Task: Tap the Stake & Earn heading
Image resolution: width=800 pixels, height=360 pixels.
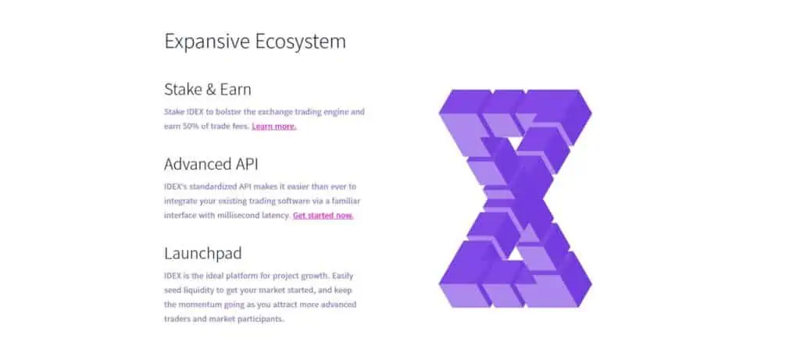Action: click(x=208, y=90)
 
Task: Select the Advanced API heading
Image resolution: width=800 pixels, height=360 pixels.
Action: click(x=211, y=164)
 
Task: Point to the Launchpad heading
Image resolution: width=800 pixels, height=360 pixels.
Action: click(x=203, y=254)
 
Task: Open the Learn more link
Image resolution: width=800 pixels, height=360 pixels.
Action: click(x=274, y=127)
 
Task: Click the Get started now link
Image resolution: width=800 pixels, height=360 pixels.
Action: click(x=323, y=216)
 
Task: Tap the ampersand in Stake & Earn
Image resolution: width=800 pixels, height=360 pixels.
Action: click(x=212, y=91)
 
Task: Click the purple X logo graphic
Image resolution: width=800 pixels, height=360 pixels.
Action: click(x=516, y=198)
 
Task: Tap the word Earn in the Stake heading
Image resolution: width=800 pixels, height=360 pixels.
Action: click(x=236, y=91)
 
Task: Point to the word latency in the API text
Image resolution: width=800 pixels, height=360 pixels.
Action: click(x=274, y=216)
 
